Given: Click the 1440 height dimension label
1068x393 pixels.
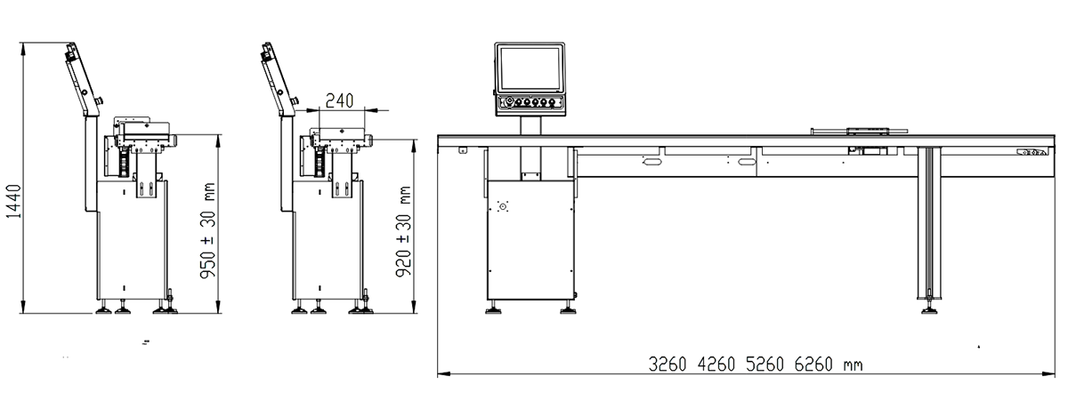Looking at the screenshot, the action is [14, 202].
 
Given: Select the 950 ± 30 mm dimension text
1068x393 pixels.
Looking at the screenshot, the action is [208, 230].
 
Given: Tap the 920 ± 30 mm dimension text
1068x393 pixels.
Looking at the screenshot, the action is [403, 232].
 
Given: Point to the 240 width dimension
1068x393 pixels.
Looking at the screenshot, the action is [339, 101].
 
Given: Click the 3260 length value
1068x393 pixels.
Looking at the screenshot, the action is [667, 365].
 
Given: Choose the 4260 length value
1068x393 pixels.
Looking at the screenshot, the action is [716, 365].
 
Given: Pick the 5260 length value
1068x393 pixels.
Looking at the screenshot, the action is [765, 365].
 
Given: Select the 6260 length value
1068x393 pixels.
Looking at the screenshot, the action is [813, 365].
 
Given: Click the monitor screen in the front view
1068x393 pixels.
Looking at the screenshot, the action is [530, 68].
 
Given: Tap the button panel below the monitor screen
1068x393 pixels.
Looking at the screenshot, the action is [530, 102].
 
